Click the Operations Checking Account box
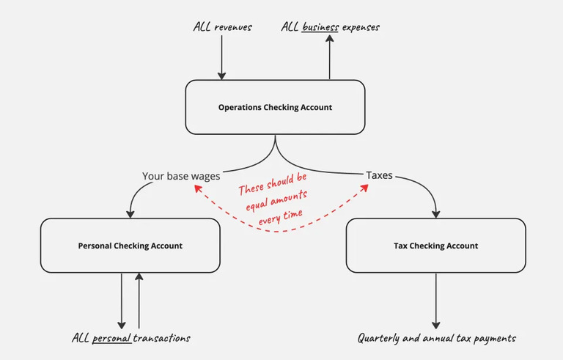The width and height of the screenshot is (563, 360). coord(275,107)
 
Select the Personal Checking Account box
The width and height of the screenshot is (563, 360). coord(130,246)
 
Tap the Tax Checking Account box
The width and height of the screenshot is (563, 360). coord(435,246)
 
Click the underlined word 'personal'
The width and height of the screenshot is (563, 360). coord(112,338)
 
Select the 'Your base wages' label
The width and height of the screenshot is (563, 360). coord(180,176)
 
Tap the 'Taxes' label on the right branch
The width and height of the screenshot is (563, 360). coord(379,176)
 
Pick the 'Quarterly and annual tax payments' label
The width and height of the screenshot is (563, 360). coord(436,338)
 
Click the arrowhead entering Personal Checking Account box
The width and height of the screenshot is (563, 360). coord(130,213)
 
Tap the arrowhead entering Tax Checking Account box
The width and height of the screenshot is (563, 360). coord(435,213)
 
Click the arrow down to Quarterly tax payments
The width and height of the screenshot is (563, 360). coord(436,301)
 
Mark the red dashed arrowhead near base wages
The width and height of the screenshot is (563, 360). coord(195,188)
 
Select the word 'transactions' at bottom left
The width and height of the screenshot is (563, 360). coord(163,338)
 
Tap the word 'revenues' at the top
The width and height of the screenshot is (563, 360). coord(234,27)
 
